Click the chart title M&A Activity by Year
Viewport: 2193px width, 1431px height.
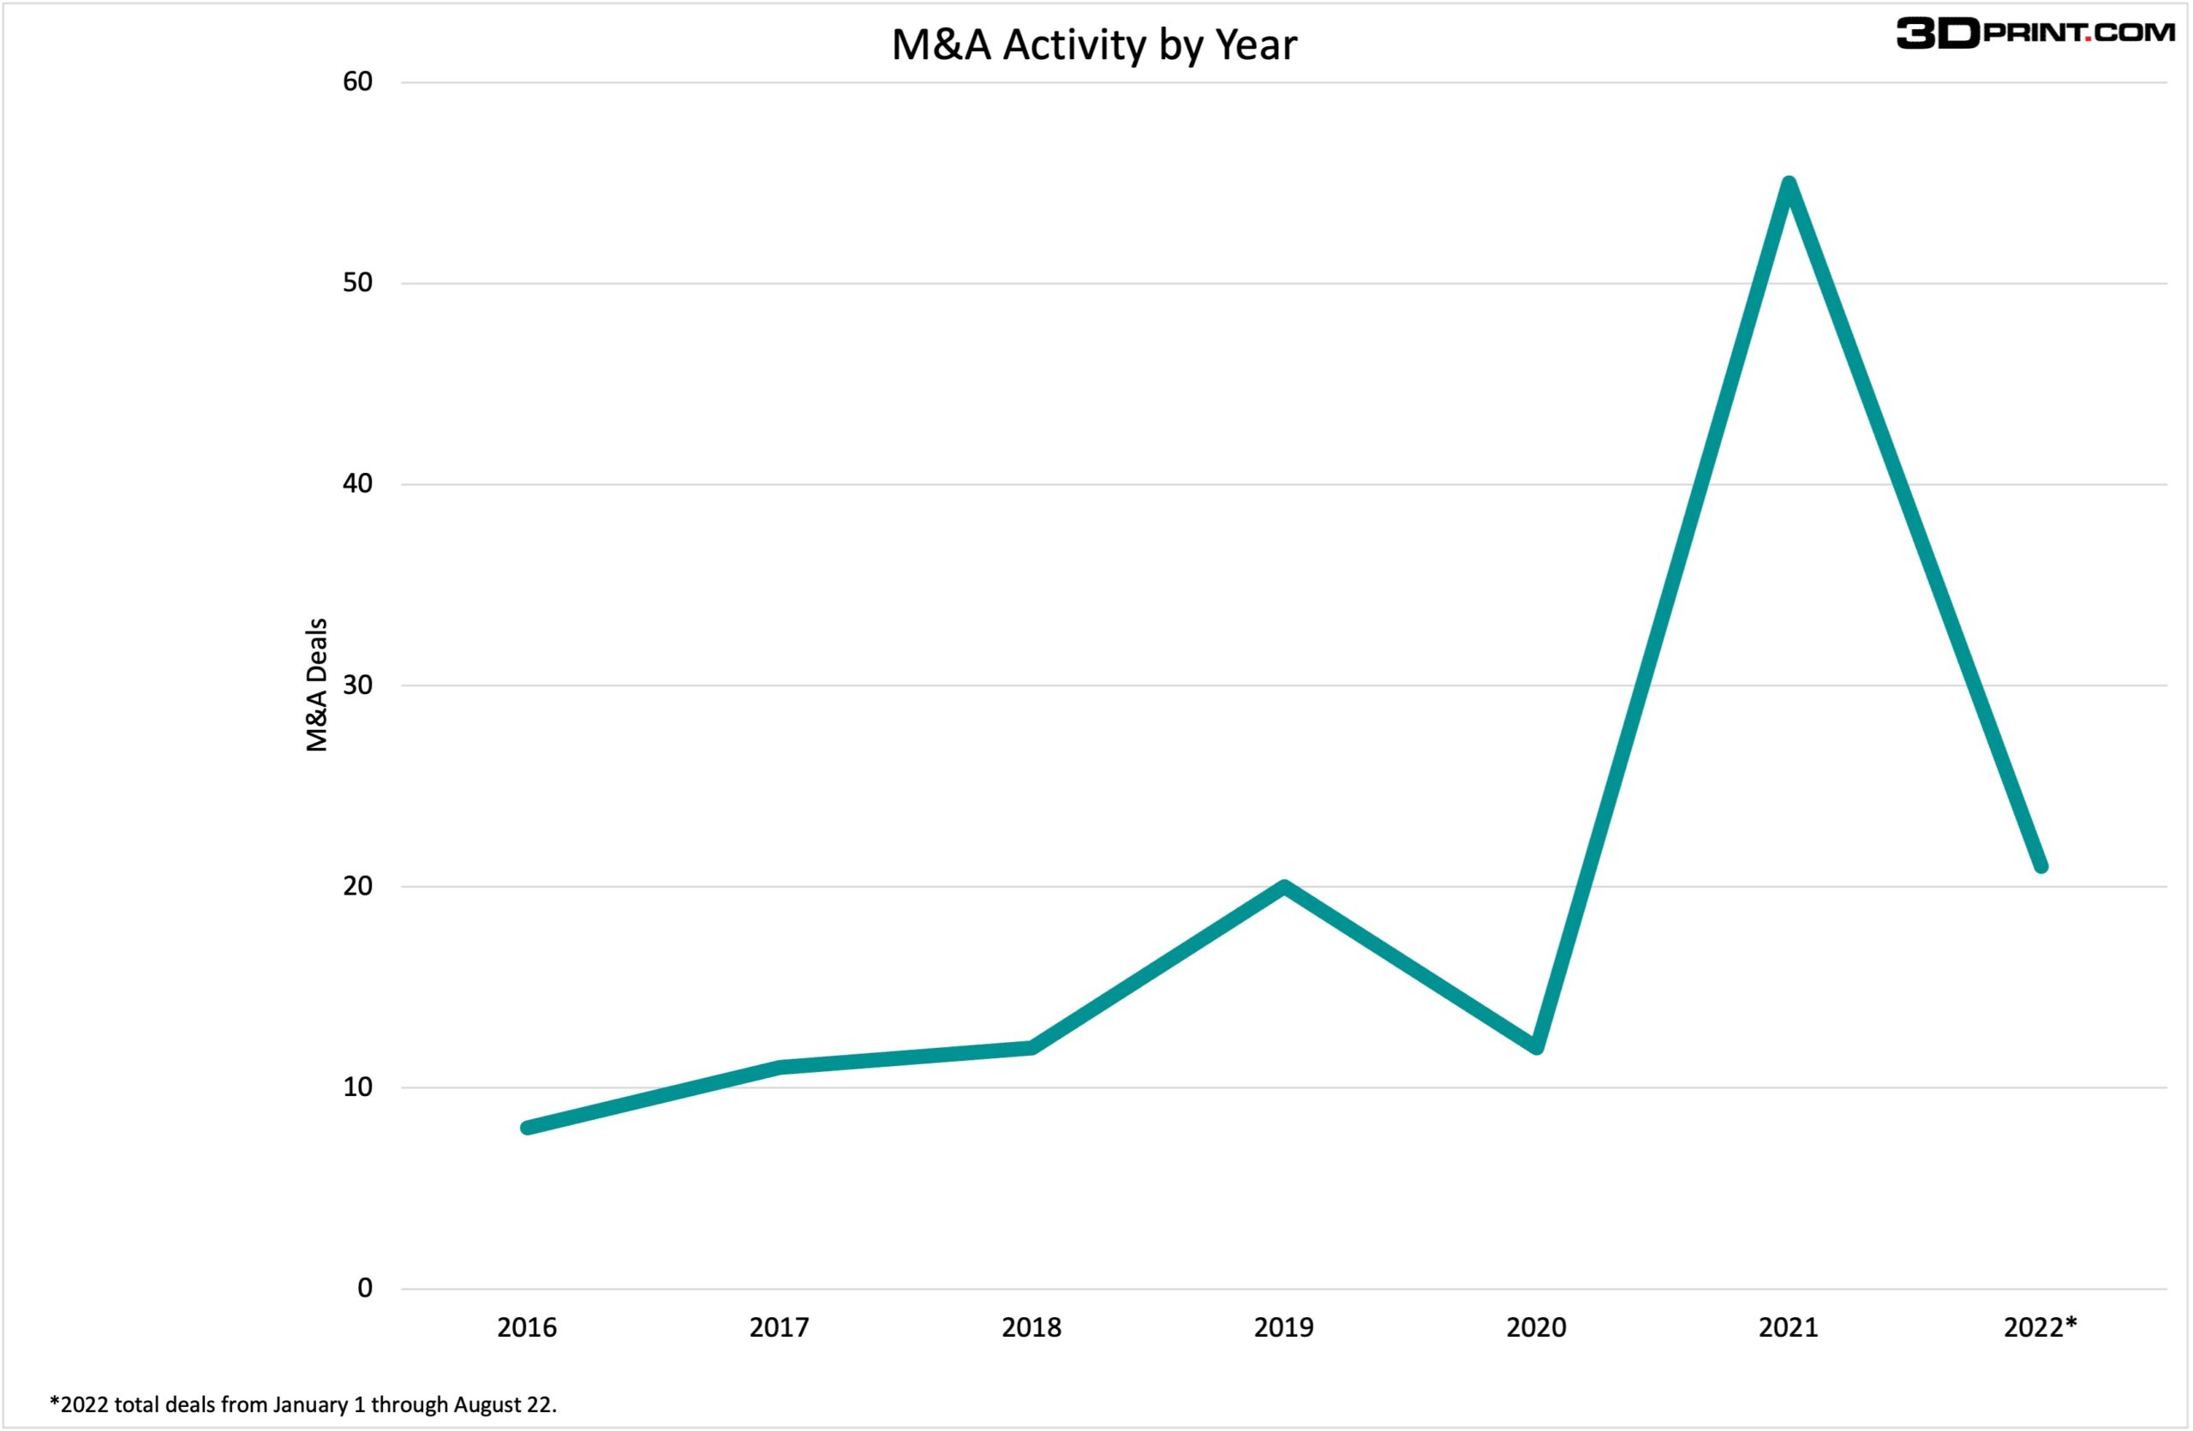[x=1094, y=45]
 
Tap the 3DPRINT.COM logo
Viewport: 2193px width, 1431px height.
[x=2035, y=33]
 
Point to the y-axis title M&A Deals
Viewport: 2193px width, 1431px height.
[x=316, y=685]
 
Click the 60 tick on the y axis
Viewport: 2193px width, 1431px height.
[x=357, y=82]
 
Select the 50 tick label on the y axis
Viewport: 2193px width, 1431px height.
[x=357, y=283]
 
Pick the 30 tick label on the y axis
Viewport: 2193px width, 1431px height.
[x=357, y=685]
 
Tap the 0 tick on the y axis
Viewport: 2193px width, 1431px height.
[x=365, y=1288]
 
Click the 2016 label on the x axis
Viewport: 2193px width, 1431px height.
[x=527, y=1328]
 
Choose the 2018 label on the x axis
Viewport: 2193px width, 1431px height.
[x=1031, y=1328]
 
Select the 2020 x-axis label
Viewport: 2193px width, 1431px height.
[x=1536, y=1328]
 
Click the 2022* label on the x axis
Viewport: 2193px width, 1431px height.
[x=2041, y=1328]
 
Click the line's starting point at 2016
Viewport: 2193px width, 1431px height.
[x=527, y=1128]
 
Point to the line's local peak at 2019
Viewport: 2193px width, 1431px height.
[x=1283, y=888]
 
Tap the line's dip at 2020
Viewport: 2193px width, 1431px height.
[x=1536, y=1047]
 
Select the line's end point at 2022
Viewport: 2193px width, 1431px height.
[x=2041, y=866]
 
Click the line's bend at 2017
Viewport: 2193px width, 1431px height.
[x=780, y=1068]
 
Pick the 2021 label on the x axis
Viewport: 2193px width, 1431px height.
[x=1789, y=1328]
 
